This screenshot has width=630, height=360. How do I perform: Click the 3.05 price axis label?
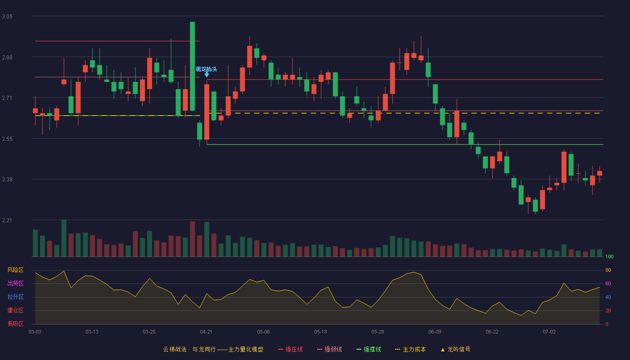tap(7, 17)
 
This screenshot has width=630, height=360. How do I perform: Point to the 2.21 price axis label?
tap(7, 220)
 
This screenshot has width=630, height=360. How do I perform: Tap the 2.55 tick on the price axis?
tap(7, 139)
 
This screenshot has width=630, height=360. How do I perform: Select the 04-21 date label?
tap(206, 332)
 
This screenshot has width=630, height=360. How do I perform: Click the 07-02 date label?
tap(549, 332)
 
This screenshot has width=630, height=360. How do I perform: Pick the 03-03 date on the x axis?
tap(35, 332)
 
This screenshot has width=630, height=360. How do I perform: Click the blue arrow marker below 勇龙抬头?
tap(207, 75)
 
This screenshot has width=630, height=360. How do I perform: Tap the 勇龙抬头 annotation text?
tap(207, 69)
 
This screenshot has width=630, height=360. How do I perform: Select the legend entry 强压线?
tap(291, 349)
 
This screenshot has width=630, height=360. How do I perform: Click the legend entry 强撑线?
tap(369, 349)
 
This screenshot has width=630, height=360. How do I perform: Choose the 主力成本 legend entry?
tap(410, 349)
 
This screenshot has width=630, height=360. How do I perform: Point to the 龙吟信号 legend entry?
tap(455, 349)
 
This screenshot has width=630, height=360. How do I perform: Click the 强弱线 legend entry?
tap(329, 349)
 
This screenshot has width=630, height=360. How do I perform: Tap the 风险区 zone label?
tap(15, 270)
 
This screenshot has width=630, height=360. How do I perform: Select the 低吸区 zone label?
tap(15, 324)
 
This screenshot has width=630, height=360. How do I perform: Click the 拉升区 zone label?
tap(15, 297)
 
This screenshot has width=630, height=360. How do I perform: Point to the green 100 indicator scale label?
tap(609, 256)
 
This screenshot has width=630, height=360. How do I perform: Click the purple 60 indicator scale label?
tap(608, 283)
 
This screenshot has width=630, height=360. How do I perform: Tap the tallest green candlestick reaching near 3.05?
tap(193, 66)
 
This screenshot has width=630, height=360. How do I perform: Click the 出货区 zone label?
tap(15, 283)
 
